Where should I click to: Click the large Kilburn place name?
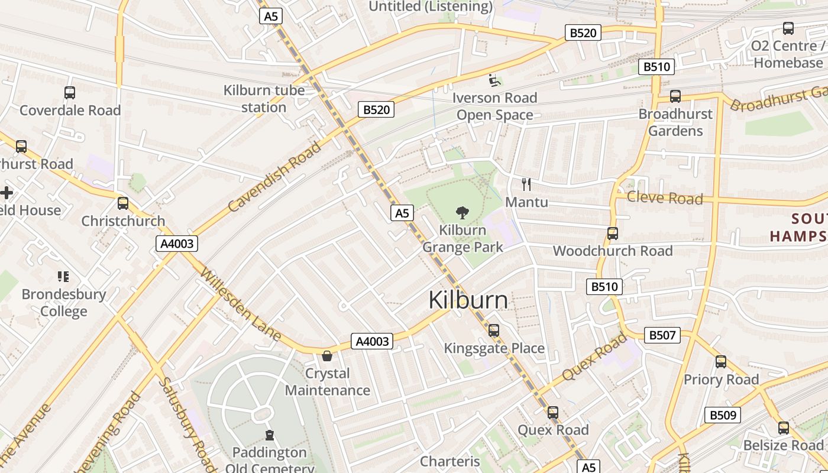click(468, 300)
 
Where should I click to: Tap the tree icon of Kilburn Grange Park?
click(462, 212)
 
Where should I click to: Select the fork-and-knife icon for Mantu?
click(526, 184)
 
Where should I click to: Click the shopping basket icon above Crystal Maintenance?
click(326, 356)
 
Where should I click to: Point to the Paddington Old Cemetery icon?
click(270, 435)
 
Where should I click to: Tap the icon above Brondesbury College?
click(63, 276)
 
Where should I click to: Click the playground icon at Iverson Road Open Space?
click(494, 80)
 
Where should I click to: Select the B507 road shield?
click(662, 335)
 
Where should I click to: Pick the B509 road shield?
click(722, 415)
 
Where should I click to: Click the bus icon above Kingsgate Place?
click(494, 331)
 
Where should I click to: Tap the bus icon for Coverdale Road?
click(70, 93)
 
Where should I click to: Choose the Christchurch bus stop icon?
click(123, 203)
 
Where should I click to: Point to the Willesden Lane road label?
click(240, 304)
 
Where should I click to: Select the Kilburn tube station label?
click(264, 99)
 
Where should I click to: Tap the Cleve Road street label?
click(665, 198)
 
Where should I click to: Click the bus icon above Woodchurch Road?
click(613, 234)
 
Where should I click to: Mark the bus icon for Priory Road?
click(721, 362)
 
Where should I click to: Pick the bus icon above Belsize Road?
click(784, 427)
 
